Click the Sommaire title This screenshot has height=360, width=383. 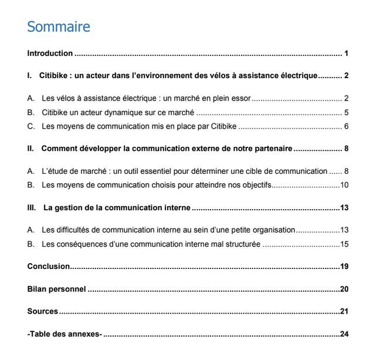coord(59,27)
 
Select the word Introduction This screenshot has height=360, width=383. coord(50,53)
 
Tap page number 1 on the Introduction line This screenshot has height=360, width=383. coord(347,53)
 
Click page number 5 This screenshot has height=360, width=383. coord(347,112)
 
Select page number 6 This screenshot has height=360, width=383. coord(347,126)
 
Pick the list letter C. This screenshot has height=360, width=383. coord(30,126)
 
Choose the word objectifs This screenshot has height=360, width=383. coord(256,186)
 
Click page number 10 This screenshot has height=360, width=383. coord(344,186)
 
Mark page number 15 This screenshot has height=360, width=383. coord(344,244)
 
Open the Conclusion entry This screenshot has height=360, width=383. coord(49,267)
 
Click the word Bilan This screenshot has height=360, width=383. coord(36,289)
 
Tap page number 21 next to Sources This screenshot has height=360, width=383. coord(344,311)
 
